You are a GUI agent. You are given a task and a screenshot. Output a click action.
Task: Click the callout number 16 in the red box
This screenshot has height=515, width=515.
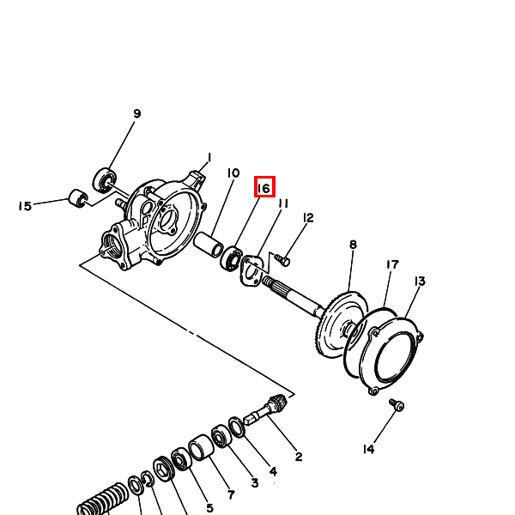click(x=264, y=188)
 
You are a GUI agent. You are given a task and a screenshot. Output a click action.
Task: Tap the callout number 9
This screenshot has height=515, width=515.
click(x=137, y=113)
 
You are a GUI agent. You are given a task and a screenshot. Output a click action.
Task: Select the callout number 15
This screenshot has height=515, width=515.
click(x=25, y=206)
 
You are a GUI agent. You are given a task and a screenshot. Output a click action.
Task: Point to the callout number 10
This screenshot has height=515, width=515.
click(x=233, y=173)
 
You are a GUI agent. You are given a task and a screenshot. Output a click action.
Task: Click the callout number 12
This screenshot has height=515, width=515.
click(x=308, y=218)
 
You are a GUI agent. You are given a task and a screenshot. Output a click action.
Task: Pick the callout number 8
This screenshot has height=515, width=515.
click(x=353, y=245)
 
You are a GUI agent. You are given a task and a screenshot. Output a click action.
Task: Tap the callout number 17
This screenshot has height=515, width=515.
click(x=392, y=264)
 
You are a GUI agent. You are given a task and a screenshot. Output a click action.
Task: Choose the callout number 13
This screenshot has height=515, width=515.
click(x=420, y=282)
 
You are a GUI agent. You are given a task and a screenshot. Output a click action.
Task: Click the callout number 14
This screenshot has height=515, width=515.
click(x=368, y=449)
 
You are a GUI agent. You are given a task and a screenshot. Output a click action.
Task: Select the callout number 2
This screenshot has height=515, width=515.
click(x=299, y=457)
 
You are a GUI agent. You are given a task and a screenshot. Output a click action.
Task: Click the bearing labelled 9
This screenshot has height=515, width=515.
click(x=105, y=180)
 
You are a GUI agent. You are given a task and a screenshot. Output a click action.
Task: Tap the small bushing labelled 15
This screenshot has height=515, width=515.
click(x=78, y=198)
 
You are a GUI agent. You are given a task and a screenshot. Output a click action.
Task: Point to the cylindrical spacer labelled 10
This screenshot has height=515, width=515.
click(x=209, y=245)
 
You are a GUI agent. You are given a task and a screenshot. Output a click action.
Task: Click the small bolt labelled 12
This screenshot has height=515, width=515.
click(x=282, y=260)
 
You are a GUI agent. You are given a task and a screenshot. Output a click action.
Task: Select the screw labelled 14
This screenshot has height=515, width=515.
click(x=397, y=404)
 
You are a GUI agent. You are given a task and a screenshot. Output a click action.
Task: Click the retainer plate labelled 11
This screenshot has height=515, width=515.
click(x=251, y=270)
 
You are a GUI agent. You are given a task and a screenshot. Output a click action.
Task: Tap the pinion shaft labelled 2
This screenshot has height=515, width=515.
click(x=266, y=409)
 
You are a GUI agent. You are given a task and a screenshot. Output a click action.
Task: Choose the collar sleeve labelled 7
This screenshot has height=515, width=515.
click(x=201, y=447)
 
